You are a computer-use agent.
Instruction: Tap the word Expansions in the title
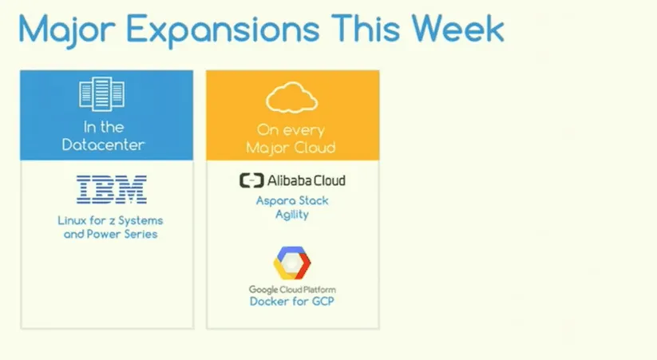(x=223, y=30)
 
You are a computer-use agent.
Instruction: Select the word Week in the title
(x=457, y=29)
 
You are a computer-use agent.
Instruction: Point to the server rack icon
(x=102, y=94)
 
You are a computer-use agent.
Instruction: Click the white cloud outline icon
(x=291, y=97)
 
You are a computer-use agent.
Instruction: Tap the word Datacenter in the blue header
(x=103, y=145)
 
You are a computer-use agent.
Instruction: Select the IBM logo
(x=112, y=190)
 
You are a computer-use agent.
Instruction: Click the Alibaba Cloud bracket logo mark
(x=251, y=180)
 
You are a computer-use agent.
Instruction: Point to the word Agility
(x=292, y=215)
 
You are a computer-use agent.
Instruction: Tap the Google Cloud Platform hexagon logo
(x=292, y=263)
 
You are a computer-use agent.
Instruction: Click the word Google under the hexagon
(x=263, y=290)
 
